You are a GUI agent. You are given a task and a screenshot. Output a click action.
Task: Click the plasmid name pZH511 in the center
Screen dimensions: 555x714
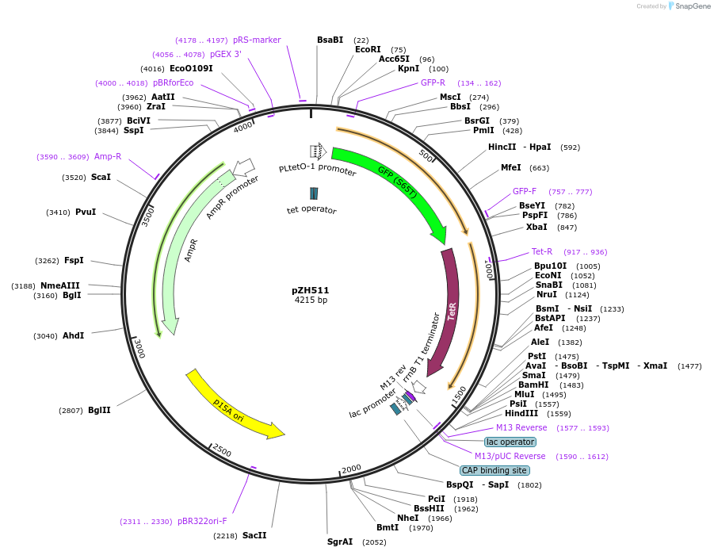tap(311, 290)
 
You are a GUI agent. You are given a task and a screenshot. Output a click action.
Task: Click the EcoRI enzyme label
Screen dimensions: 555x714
tap(368, 49)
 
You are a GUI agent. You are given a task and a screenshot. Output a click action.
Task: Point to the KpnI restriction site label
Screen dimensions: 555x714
tap(408, 69)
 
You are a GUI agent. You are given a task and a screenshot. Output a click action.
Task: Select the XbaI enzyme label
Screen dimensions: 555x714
tap(536, 227)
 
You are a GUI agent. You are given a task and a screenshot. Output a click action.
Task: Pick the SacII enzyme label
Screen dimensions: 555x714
tap(254, 536)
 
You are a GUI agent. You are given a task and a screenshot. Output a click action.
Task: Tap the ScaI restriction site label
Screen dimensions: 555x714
tap(101, 178)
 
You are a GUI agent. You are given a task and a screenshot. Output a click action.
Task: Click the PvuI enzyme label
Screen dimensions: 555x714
tap(86, 212)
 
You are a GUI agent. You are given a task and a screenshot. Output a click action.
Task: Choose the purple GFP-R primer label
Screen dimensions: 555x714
tap(433, 82)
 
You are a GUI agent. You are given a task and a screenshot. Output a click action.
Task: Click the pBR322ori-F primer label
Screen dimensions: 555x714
tap(202, 522)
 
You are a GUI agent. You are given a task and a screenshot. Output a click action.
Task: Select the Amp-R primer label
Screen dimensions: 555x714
tap(108, 157)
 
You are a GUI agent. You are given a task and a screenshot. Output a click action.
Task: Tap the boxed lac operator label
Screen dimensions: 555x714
tap(510, 442)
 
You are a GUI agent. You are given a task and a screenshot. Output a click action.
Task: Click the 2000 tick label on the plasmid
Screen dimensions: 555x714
tap(351, 469)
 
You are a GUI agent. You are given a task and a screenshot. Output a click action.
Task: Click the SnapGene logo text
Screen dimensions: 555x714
tap(690, 6)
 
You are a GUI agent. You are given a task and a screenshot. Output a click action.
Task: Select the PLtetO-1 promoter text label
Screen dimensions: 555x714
tap(317, 170)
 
